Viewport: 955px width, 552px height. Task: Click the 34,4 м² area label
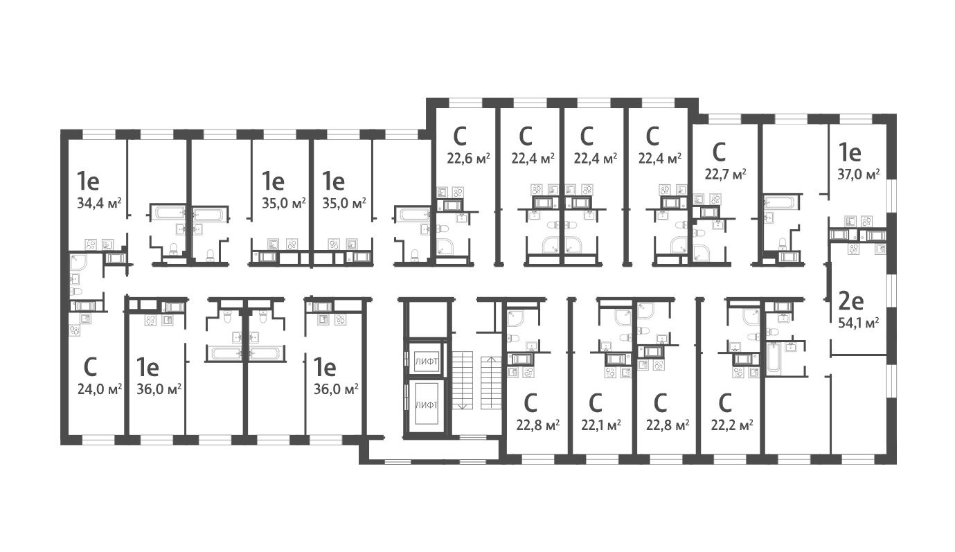[x=100, y=203]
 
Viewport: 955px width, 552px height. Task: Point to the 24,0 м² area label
[x=100, y=388]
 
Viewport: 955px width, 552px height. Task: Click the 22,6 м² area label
[x=468, y=158]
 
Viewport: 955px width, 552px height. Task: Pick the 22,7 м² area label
[x=725, y=172]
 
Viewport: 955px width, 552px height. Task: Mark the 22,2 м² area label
[x=732, y=425]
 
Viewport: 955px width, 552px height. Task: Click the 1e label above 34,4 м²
[x=89, y=181]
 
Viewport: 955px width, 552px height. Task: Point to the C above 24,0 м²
[x=90, y=366]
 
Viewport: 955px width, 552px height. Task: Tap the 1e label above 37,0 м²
[x=850, y=152]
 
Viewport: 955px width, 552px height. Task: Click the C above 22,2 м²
[x=725, y=402]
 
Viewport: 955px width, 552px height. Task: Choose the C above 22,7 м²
[x=719, y=150]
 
